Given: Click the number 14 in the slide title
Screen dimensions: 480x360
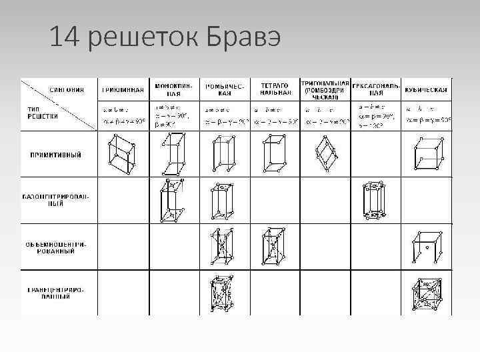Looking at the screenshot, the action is pos(64,39).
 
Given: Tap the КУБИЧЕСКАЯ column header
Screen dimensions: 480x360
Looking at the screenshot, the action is pos(426,89).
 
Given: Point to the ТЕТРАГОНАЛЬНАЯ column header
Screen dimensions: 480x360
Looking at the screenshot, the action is pos(274,89).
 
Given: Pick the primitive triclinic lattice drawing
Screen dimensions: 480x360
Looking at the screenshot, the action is pos(121,153).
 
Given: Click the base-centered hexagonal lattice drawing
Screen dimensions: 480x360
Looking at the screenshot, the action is pos(375,201).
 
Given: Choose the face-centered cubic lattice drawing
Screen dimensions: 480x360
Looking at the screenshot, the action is pos(427,293).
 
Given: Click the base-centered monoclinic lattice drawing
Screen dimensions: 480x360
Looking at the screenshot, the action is pos(173,200).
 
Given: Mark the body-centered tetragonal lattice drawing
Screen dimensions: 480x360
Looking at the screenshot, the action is pos(274,247).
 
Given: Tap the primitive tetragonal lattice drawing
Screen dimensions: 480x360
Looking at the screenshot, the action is pos(274,154).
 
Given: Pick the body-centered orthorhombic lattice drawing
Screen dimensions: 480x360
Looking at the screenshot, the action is pos(223,247).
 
